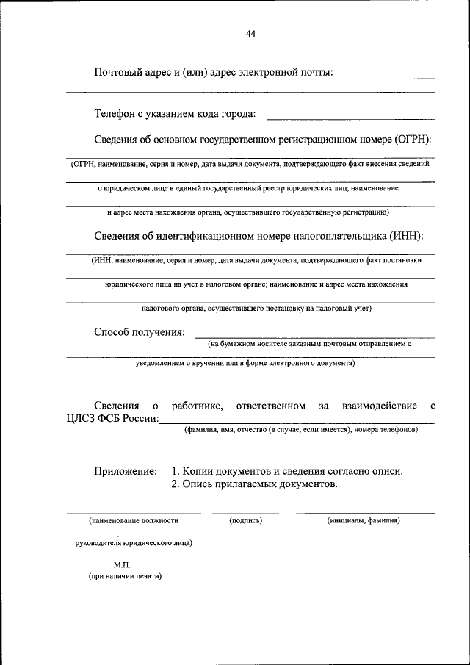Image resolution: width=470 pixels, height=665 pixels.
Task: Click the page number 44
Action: pyautogui.click(x=251, y=35)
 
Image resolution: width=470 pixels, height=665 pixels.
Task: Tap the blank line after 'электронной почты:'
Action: pyautogui.click(x=393, y=76)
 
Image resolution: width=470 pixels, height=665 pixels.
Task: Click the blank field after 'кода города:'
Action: pyautogui.click(x=350, y=118)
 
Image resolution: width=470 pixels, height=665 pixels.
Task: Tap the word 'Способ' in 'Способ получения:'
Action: pyautogui.click(x=112, y=332)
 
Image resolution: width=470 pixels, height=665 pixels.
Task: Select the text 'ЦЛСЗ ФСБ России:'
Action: pyautogui.click(x=111, y=419)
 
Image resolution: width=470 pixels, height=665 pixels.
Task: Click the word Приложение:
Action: pyautogui.click(x=125, y=470)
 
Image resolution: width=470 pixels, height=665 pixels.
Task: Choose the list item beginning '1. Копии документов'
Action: pyautogui.click(x=287, y=470)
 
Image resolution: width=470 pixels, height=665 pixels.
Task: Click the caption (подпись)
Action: pyautogui.click(x=246, y=520)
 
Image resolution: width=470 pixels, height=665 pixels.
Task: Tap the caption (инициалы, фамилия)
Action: pyautogui.click(x=364, y=520)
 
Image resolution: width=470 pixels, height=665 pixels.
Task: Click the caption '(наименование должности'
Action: pyautogui.click(x=134, y=520)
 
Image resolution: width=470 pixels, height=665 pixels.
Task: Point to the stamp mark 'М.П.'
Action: pyautogui.click(x=122, y=564)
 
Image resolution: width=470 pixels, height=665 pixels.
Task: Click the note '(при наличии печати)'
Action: pyautogui.click(x=122, y=576)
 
